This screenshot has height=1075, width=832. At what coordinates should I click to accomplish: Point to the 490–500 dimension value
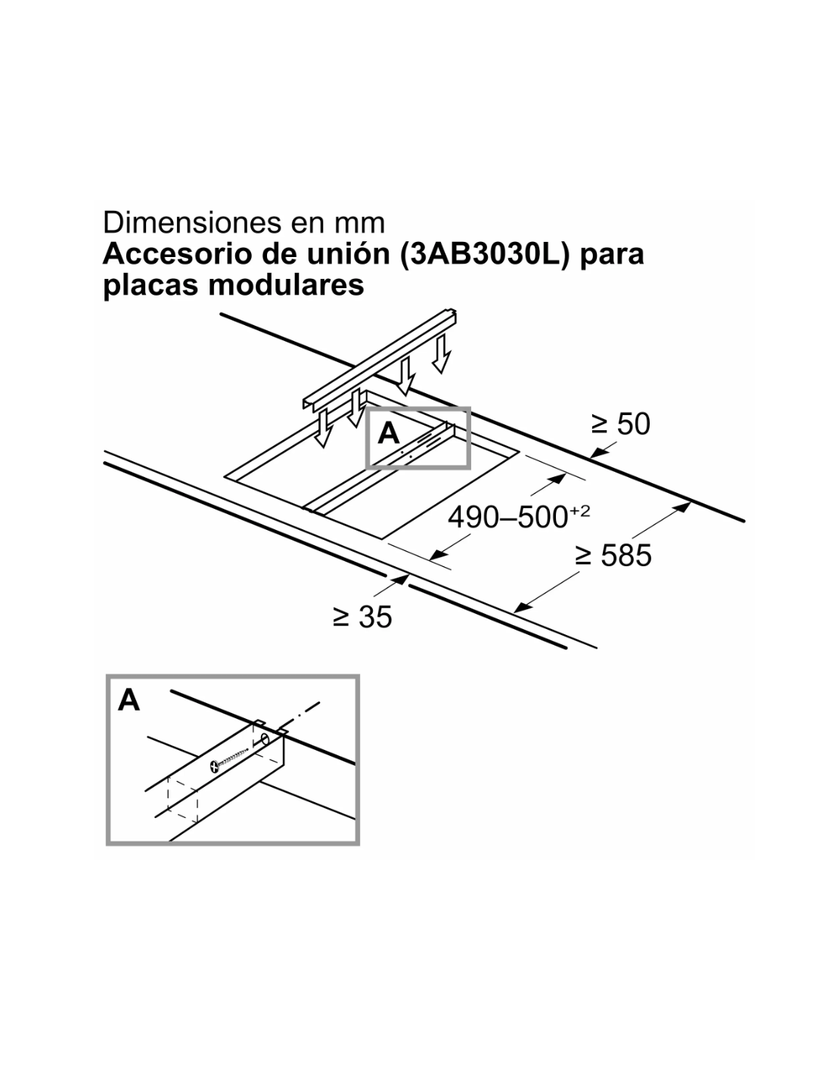[x=508, y=518]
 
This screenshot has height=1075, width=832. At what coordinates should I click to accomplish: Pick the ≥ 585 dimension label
[x=613, y=556]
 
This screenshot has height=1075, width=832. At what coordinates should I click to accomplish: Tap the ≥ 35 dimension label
[x=362, y=617]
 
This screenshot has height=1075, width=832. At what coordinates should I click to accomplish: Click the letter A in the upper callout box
[x=388, y=433]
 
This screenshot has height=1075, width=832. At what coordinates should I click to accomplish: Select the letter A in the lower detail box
[x=129, y=700]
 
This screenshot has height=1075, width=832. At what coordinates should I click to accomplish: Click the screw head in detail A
[x=215, y=767]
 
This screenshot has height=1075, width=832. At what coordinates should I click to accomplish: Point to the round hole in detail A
[x=265, y=741]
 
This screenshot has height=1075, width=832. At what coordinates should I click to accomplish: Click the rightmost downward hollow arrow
[x=441, y=353]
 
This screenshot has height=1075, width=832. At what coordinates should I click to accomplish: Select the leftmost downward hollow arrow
[x=323, y=428]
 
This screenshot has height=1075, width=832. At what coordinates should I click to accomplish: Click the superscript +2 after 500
[x=579, y=510]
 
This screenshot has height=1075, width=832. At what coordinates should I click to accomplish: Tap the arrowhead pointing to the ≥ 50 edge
[x=598, y=451]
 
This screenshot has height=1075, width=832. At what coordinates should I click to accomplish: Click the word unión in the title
[x=349, y=254]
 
